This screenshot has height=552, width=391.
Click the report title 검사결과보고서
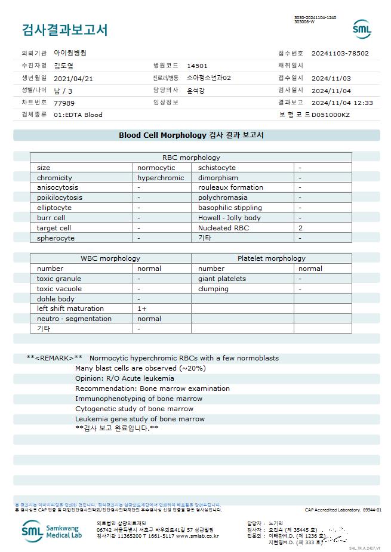65,30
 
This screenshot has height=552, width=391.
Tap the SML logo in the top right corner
362,29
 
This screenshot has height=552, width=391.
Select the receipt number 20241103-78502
340,53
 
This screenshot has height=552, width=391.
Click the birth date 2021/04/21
73,78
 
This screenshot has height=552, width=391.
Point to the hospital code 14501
197,66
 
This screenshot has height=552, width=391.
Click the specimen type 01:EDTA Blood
78,115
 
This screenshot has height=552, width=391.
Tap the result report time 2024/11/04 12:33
342,103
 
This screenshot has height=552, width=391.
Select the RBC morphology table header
191,158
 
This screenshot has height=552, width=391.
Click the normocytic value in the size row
156,168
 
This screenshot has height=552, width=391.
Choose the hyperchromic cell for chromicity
161,178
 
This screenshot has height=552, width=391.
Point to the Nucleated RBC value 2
301,228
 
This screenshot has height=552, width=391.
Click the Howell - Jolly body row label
229,218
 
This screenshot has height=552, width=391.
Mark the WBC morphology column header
110,258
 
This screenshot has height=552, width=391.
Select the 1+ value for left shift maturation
142,309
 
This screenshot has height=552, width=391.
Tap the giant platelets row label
222,279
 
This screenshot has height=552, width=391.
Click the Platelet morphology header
271,258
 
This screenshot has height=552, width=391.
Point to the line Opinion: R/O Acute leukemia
125,378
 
